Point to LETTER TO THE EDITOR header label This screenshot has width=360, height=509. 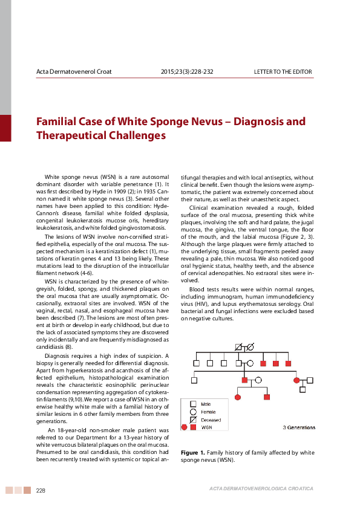(x=283, y=73)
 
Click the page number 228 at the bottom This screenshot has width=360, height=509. (x=42, y=490)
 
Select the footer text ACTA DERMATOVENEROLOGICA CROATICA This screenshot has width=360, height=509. (x=261, y=488)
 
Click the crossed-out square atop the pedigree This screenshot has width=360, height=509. (x=238, y=346)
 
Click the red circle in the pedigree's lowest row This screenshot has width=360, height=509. (x=238, y=397)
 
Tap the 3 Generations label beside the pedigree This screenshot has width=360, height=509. (x=299, y=427)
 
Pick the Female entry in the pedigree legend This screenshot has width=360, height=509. (x=208, y=412)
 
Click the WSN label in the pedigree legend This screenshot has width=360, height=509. (x=206, y=427)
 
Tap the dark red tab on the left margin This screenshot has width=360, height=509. (x=5, y=128)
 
